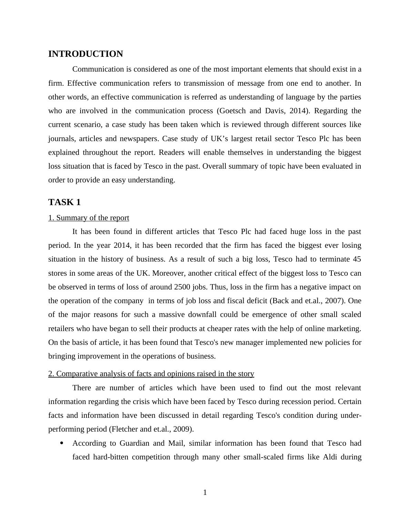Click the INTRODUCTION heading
point(85,54)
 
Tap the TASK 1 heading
point(64,202)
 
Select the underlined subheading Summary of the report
point(89,218)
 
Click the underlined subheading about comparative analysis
point(151,374)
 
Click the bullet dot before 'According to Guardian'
point(62,443)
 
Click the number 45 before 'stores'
point(357,259)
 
